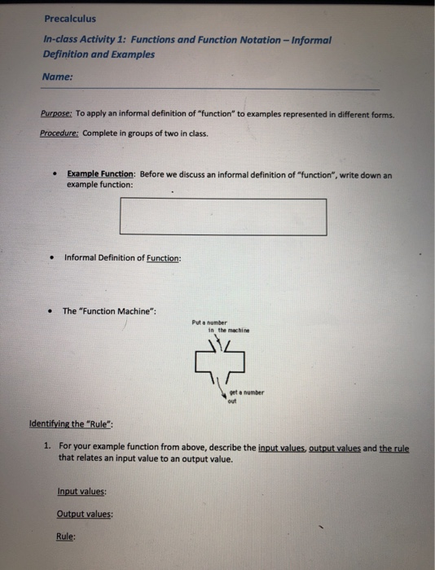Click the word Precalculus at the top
70,20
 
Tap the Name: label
57,78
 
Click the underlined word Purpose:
55,116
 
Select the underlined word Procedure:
59,134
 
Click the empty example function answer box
222,217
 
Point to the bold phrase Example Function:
102,175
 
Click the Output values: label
85,515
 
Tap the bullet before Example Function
53,175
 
